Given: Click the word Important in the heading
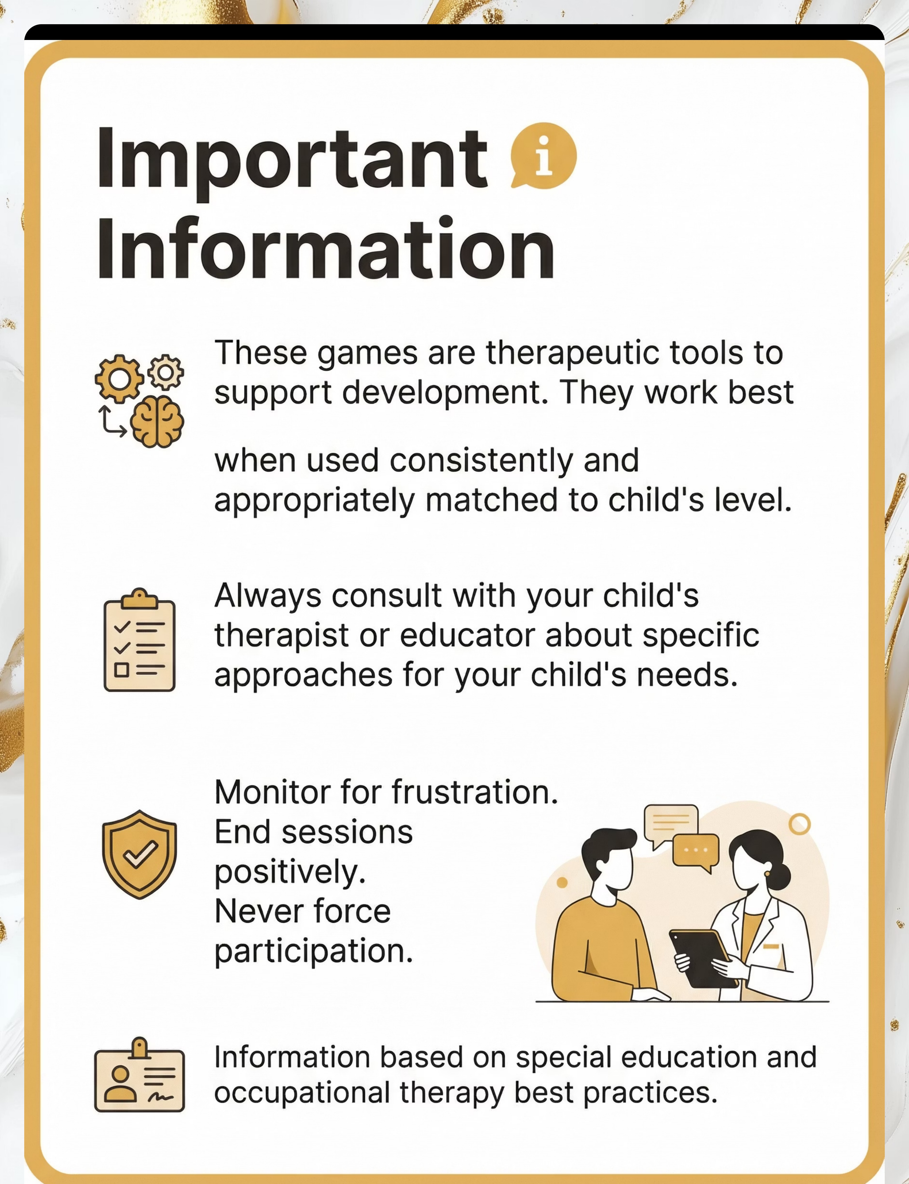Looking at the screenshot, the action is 292,162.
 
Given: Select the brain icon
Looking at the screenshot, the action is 157,422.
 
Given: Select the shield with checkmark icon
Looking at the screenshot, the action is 140,854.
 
